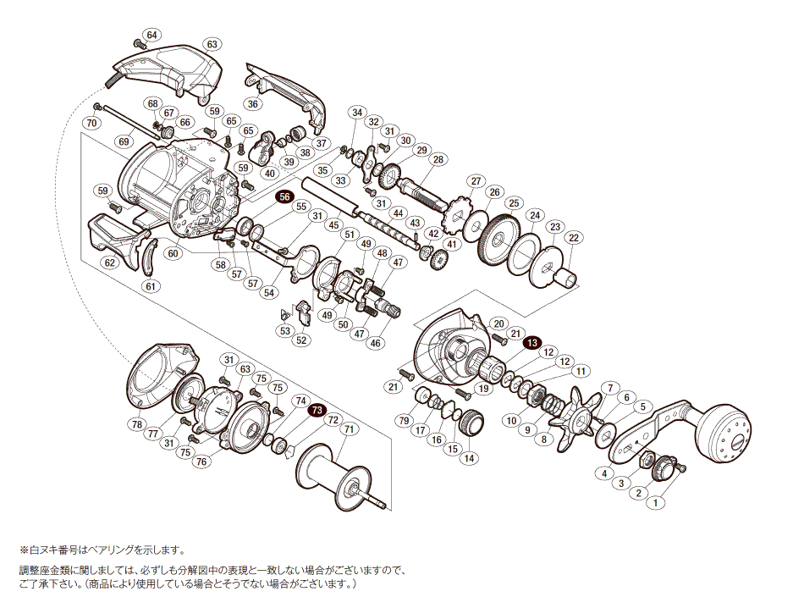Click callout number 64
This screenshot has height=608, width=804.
coord(151,35)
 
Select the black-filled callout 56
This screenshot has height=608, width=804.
coord(283,196)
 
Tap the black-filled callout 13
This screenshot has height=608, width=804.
coord(531,343)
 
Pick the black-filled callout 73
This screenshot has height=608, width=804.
coord(317,410)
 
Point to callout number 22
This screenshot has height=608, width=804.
coord(573,238)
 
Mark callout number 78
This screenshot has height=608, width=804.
coord(135,423)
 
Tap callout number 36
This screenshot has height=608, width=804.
coord(252,104)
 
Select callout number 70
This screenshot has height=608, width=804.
coord(91,124)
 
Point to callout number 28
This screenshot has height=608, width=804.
coord(438,159)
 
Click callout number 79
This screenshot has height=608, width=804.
coord(405,421)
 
